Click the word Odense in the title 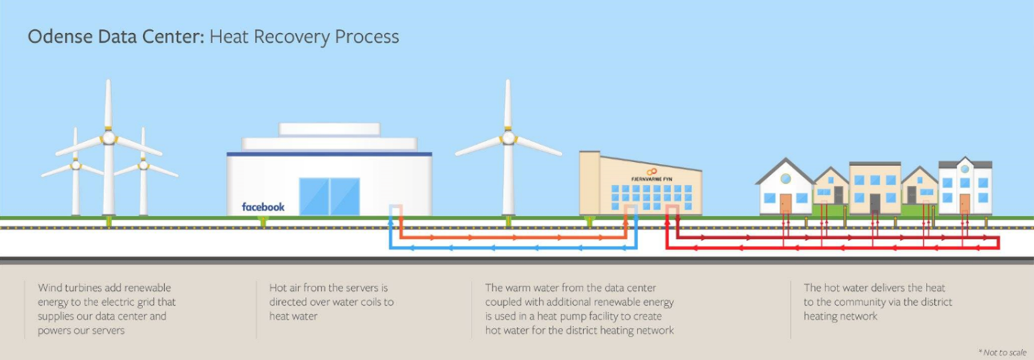60,37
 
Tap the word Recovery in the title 291,37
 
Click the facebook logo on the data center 263,207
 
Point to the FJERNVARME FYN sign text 652,178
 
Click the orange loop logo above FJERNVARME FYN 652,172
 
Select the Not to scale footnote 1003,352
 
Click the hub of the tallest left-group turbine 108,137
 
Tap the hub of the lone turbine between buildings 508,137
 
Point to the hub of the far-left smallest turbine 75,165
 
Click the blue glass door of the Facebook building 329,196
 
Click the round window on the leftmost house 785,178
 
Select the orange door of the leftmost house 785,203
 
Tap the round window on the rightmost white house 965,169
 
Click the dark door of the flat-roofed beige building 875,203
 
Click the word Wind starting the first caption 49,287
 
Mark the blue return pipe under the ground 514,247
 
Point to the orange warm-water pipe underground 514,237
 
